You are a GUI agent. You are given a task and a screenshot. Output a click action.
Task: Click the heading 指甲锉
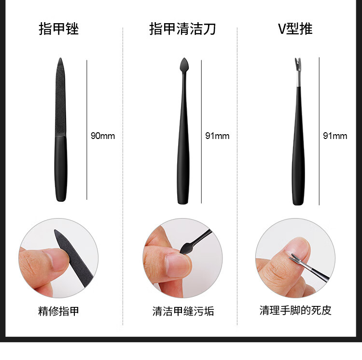pos(58,28)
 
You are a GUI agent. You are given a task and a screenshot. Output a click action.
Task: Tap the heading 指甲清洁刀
pos(182,28)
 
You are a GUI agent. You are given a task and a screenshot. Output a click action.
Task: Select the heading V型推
pos(295,28)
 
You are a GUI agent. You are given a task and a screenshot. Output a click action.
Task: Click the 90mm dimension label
pos(103,136)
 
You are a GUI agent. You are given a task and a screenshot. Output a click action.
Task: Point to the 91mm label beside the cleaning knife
pos(217,136)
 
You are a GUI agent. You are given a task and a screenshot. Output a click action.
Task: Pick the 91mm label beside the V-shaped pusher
pos(335,136)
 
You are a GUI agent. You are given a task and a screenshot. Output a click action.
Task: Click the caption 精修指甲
pos(58,311)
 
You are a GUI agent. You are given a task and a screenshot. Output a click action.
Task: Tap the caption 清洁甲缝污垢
pos(183,311)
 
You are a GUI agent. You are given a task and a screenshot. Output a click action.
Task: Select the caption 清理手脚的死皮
pos(295,310)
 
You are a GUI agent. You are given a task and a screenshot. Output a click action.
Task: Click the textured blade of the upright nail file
pos(60,97)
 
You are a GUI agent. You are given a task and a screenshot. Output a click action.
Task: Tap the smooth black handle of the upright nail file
pos(61,168)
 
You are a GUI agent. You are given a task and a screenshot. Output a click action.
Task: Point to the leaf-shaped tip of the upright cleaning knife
pos(184,65)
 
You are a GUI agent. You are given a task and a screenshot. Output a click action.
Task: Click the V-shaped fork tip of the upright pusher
pos(298,64)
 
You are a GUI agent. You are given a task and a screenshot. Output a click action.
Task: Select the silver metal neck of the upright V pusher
pos(298,79)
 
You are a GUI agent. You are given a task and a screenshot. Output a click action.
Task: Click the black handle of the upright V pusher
pos(298,146)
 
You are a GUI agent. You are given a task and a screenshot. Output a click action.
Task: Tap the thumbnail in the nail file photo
pos(58,260)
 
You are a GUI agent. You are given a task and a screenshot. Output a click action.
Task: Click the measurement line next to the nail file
pos(87,130)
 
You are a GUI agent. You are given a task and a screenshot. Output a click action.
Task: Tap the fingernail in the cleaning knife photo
pos(178,265)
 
